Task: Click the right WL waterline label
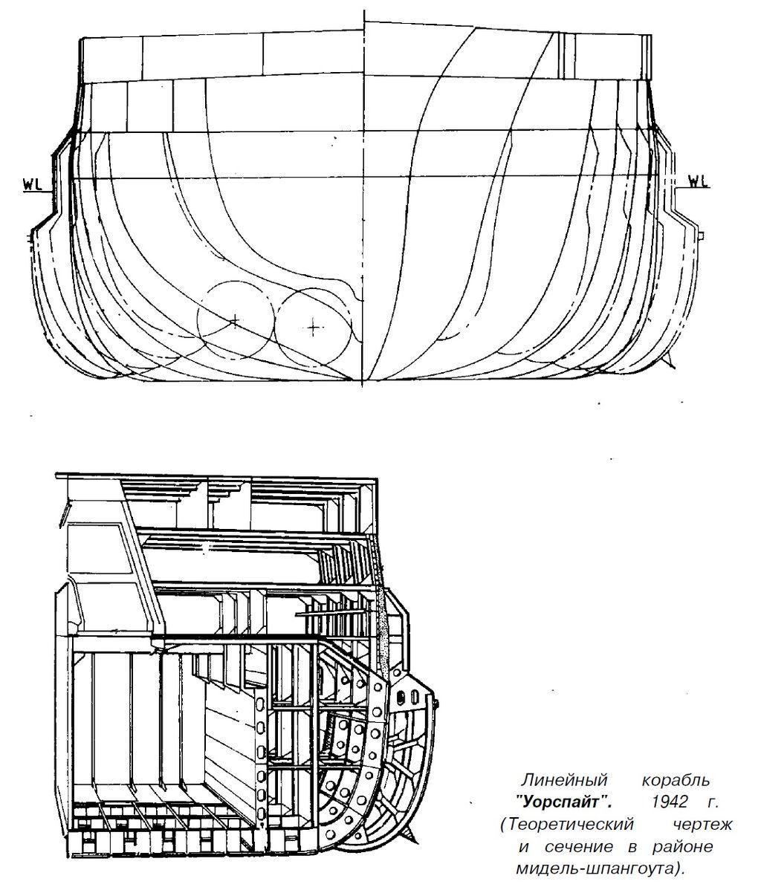pyautogui.click(x=699, y=181)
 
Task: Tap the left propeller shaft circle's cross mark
pyautogui.click(x=234, y=321)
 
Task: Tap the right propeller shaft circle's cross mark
pyautogui.click(x=313, y=327)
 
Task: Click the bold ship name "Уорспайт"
pyautogui.click(x=564, y=802)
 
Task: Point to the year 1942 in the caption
pyautogui.click(x=670, y=802)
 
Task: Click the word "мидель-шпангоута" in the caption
pyautogui.click(x=594, y=869)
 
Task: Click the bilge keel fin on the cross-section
pyautogui.click(x=412, y=830)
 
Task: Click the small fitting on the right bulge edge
pyautogui.click(x=702, y=235)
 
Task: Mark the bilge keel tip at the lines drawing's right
pyautogui.click(x=674, y=364)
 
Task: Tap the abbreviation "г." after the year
pyautogui.click(x=713, y=802)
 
